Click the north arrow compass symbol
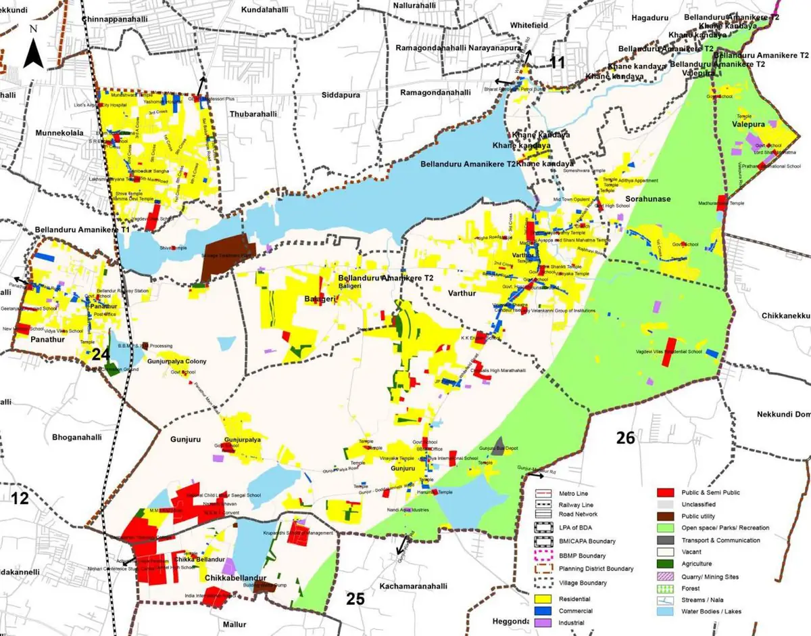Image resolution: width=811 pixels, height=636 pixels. pyautogui.click(x=33, y=49)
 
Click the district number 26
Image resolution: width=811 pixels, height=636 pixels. pyautogui.click(x=626, y=438)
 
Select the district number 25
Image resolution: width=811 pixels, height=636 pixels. pyautogui.click(x=356, y=598)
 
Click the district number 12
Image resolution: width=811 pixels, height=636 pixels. pyautogui.click(x=20, y=499)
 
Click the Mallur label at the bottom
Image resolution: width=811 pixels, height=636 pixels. pyautogui.click(x=237, y=624)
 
